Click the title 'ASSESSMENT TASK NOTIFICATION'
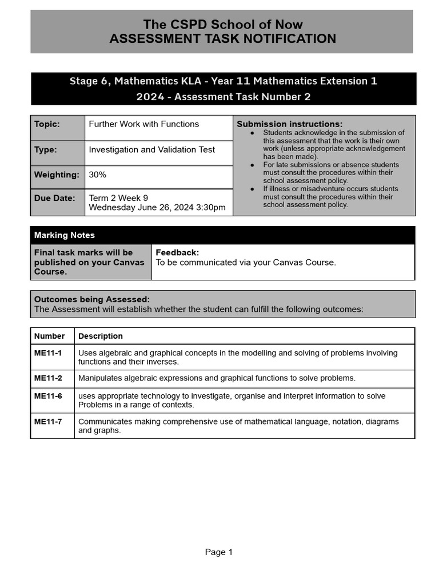(x=222, y=39)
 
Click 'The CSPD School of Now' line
(x=222, y=25)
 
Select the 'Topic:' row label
(x=47, y=124)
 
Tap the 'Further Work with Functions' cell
(x=144, y=124)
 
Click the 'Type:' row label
(x=46, y=150)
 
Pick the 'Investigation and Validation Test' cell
(x=152, y=150)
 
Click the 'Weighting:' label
(x=57, y=175)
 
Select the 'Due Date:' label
(x=55, y=198)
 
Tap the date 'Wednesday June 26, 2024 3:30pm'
(x=157, y=207)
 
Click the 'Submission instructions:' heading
(x=290, y=124)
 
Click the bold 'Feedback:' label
(x=177, y=252)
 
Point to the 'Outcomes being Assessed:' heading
(x=92, y=299)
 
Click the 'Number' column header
(x=50, y=336)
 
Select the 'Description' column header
(x=101, y=336)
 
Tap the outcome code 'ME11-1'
(x=48, y=353)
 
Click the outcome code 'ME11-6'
(x=48, y=396)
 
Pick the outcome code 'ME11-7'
(x=48, y=422)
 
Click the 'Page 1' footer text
(x=219, y=552)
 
